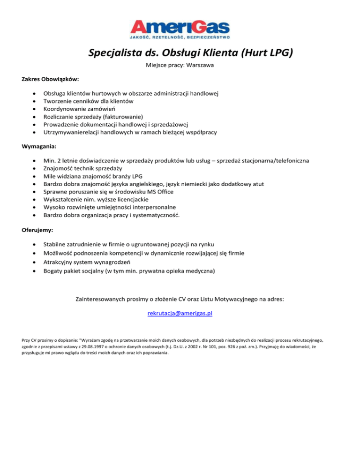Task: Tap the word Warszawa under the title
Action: [x=200, y=65]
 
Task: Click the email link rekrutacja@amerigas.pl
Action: [x=180, y=314]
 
